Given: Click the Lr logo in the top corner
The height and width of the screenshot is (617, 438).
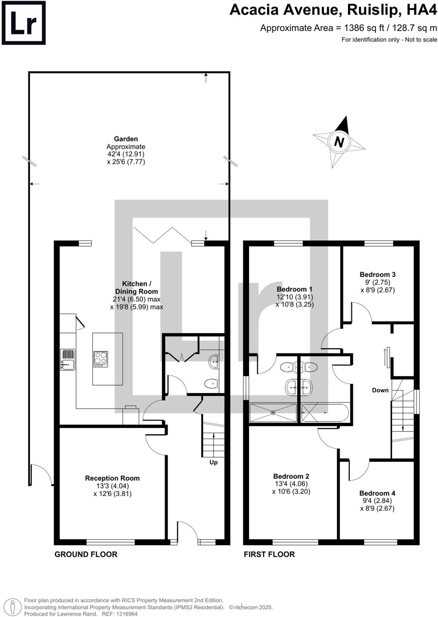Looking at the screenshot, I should (23, 23).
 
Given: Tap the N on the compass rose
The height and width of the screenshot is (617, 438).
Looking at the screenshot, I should (339, 142).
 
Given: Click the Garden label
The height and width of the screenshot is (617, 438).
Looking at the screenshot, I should (126, 139).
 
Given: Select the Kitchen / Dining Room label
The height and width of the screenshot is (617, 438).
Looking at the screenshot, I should (136, 287).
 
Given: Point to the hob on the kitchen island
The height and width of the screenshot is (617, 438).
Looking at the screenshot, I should (101, 359).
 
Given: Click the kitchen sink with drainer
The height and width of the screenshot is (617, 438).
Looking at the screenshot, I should (67, 359).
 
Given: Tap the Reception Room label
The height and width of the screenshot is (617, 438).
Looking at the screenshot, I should (112, 478).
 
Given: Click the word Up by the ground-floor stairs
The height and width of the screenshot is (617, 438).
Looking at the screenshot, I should (213, 462).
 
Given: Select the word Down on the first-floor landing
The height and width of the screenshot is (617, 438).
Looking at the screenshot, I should (380, 390).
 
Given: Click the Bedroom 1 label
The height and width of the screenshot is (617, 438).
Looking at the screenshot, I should (295, 289).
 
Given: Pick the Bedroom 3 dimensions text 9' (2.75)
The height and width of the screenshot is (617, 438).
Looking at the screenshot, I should (377, 282).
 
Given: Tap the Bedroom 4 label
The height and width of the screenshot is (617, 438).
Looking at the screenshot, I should (377, 493).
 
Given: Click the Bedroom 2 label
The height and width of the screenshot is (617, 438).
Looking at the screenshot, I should (291, 476).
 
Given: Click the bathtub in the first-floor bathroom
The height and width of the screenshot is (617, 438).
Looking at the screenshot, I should (325, 412).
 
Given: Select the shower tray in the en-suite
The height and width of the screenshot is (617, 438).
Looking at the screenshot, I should (273, 412).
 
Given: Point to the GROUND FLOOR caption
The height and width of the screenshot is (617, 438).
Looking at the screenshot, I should (86, 554).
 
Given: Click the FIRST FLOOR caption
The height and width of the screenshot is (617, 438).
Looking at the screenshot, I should (269, 554).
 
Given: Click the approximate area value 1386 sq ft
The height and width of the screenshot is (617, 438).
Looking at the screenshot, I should (364, 28).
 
